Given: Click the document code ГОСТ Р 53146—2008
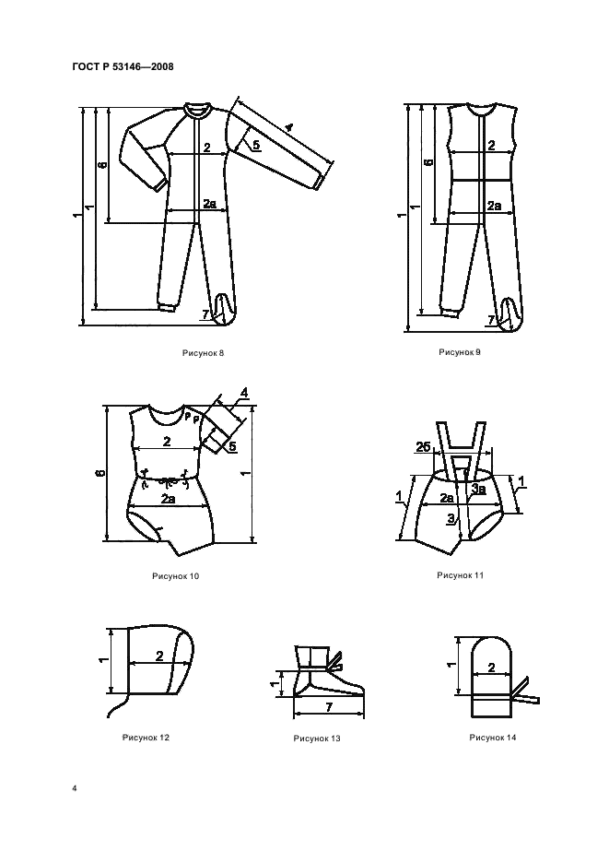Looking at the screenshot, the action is click(x=123, y=66).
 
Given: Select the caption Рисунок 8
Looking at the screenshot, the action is click(x=203, y=353).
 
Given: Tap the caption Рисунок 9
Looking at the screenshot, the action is click(x=460, y=351).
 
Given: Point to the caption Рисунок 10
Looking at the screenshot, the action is click(x=175, y=576).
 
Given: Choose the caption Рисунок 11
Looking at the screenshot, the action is click(x=460, y=575).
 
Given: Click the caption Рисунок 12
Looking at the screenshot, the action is click(x=146, y=738).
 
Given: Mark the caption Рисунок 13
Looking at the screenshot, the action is click(x=317, y=739).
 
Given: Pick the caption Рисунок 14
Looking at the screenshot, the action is click(x=493, y=738).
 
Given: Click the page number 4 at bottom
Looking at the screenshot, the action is click(x=75, y=788).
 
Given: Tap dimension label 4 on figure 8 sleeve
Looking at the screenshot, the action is click(x=288, y=127).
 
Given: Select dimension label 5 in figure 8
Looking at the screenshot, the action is click(x=256, y=145).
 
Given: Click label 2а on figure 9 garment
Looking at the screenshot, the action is click(x=494, y=206).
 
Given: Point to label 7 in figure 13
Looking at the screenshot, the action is click(x=329, y=707).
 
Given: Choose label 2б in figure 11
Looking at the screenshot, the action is click(x=423, y=447).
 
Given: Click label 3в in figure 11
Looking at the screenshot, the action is click(x=478, y=488).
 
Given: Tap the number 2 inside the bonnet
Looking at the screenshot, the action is click(x=159, y=656).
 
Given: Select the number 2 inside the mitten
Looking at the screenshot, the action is click(x=491, y=668).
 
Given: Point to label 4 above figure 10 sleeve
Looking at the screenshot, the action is click(x=244, y=393).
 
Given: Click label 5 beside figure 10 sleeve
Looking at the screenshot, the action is click(x=233, y=446).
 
